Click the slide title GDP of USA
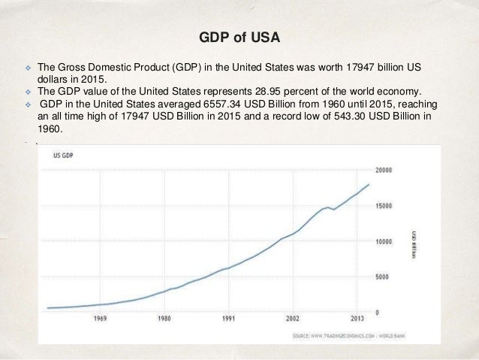[239, 36]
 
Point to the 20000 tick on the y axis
[385, 170]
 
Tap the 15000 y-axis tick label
[385, 206]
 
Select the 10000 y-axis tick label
[385, 241]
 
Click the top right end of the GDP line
[369, 184]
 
